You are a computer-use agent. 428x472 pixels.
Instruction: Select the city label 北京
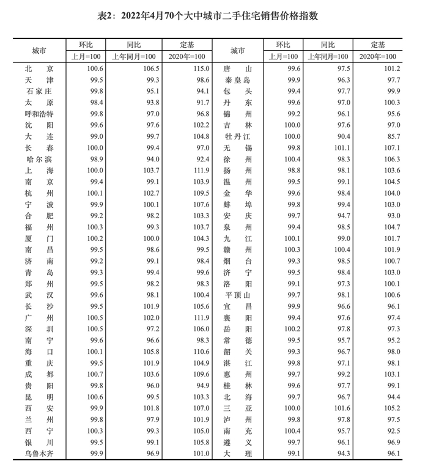[39, 69]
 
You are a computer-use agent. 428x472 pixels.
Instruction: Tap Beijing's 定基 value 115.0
[200, 69]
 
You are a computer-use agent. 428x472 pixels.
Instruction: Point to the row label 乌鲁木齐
[39, 453]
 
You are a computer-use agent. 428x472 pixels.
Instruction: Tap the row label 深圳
[39, 329]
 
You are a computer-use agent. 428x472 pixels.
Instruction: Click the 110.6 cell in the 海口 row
[200, 352]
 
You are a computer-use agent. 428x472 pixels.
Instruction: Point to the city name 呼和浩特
[39, 114]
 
